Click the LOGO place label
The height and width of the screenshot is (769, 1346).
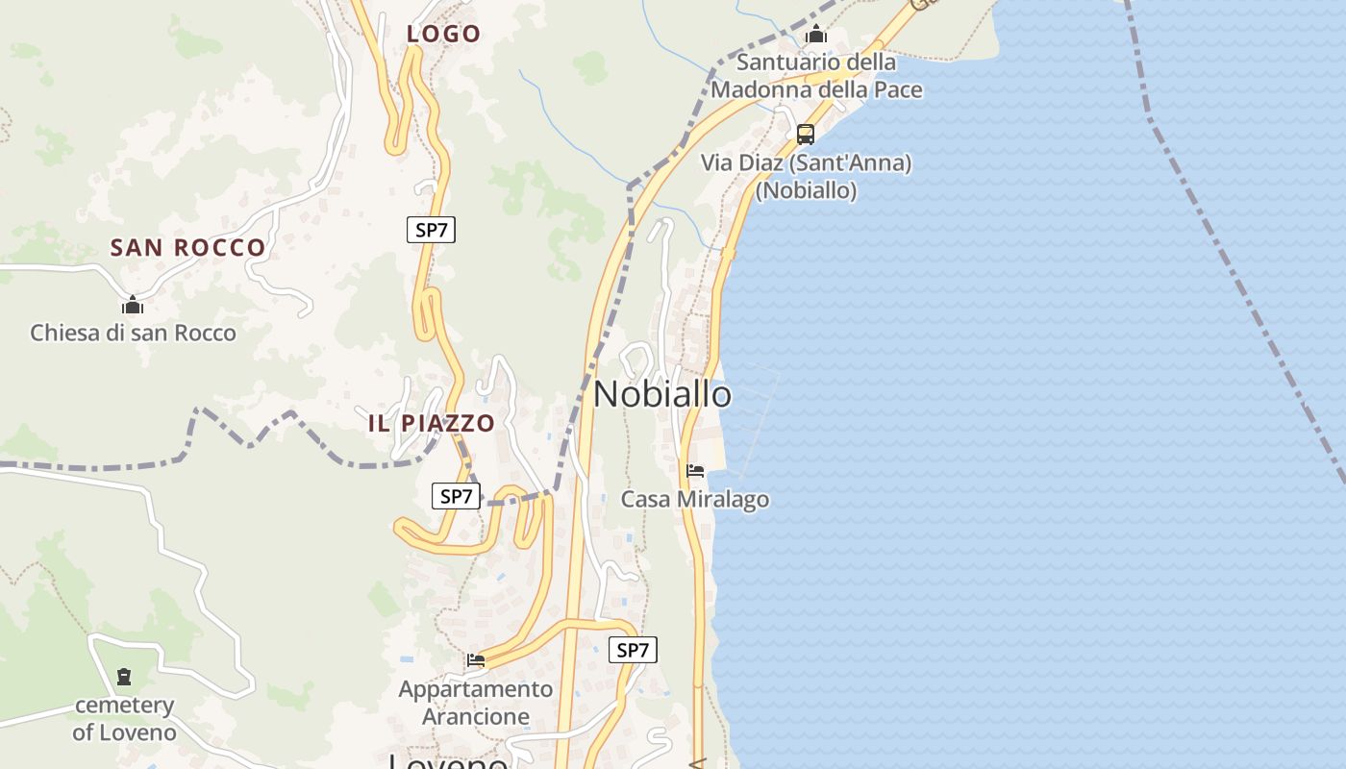click(443, 34)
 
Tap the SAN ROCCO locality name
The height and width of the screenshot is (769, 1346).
click(187, 247)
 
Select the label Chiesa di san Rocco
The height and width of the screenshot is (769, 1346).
click(133, 333)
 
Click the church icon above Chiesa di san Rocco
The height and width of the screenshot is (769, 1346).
click(133, 306)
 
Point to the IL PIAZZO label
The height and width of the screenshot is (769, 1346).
click(432, 423)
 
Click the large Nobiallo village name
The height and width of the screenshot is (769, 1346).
click(662, 394)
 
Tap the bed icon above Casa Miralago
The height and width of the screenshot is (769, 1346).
click(695, 471)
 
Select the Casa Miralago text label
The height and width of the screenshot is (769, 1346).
click(694, 499)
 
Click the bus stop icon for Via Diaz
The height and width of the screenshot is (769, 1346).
click(806, 135)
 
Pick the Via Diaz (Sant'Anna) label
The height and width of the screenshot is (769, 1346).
click(806, 176)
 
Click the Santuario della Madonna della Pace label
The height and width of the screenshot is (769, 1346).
click(816, 76)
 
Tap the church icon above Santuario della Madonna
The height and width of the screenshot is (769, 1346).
click(816, 36)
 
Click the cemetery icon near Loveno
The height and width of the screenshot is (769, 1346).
click(124, 677)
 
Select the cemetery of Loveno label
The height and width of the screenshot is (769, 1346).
click(125, 718)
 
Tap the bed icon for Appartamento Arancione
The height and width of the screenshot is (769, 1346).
click(476, 660)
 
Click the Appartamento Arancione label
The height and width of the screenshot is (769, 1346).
click(476, 703)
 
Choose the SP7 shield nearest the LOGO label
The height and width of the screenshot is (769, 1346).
click(430, 230)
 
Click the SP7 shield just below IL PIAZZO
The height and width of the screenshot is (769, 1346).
click(456, 496)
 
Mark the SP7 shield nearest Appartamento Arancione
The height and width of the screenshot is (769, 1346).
click(633, 650)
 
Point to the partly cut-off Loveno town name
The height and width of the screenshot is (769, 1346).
click(448, 761)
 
